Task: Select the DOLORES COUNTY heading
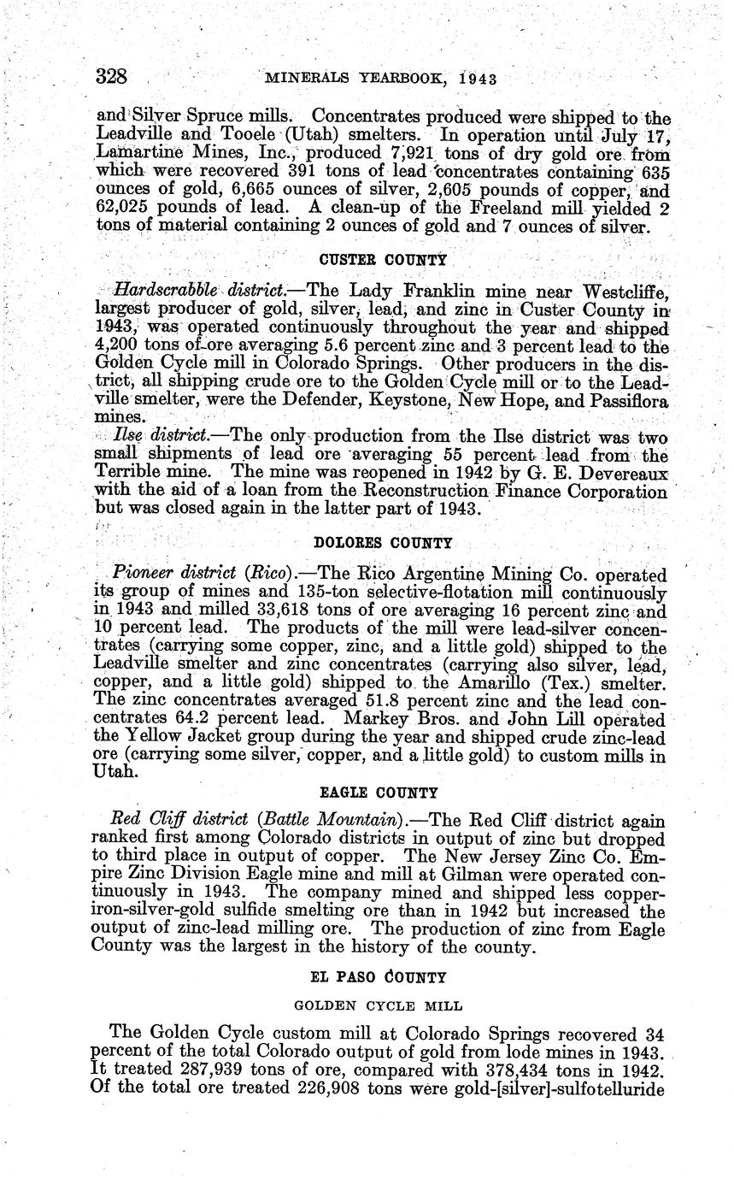pos(384,543)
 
